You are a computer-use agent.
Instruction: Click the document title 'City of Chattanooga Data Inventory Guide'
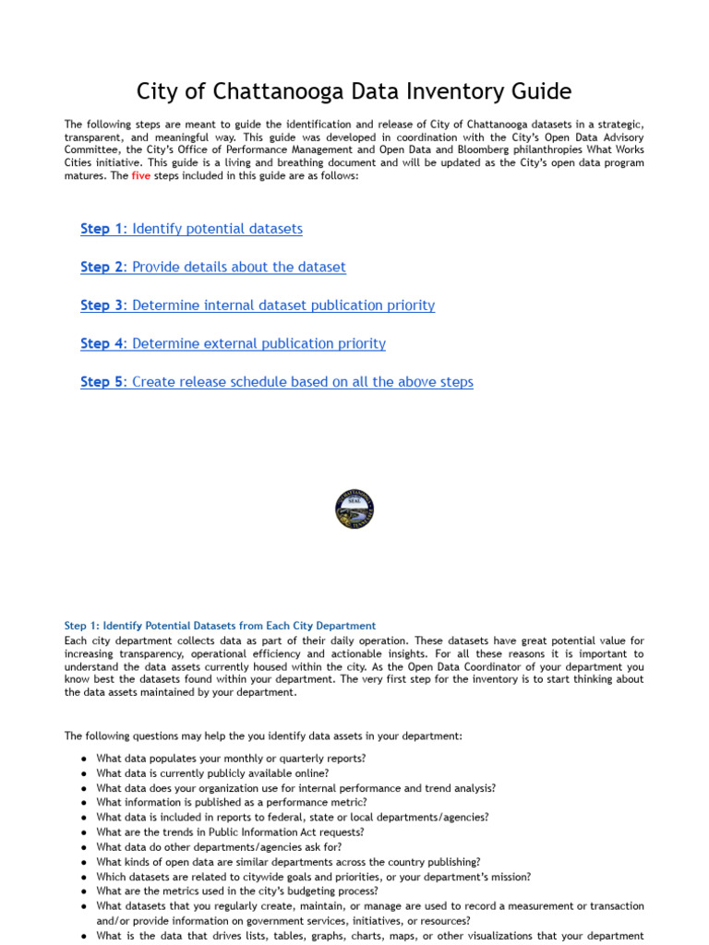(x=354, y=91)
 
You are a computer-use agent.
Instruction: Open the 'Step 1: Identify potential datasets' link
(x=191, y=229)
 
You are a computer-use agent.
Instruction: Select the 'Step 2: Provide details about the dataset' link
(x=213, y=267)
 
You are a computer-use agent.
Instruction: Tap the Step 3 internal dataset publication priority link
(x=258, y=305)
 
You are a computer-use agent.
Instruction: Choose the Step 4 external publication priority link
(x=233, y=343)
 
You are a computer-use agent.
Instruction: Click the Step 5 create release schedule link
(x=277, y=382)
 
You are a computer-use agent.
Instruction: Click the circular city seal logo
(x=354, y=509)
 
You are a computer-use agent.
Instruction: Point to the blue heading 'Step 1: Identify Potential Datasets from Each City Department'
(x=220, y=626)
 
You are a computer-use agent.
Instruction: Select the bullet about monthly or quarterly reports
(x=231, y=759)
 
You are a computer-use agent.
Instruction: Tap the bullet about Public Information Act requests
(x=230, y=832)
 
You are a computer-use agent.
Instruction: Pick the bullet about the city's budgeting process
(x=237, y=891)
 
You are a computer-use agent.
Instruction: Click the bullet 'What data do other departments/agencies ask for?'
(x=219, y=847)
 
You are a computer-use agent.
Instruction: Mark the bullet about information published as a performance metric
(x=231, y=803)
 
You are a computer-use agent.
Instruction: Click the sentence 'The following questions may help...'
(x=263, y=736)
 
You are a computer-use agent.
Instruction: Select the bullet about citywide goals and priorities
(x=314, y=877)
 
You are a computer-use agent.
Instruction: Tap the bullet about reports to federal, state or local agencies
(x=293, y=818)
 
